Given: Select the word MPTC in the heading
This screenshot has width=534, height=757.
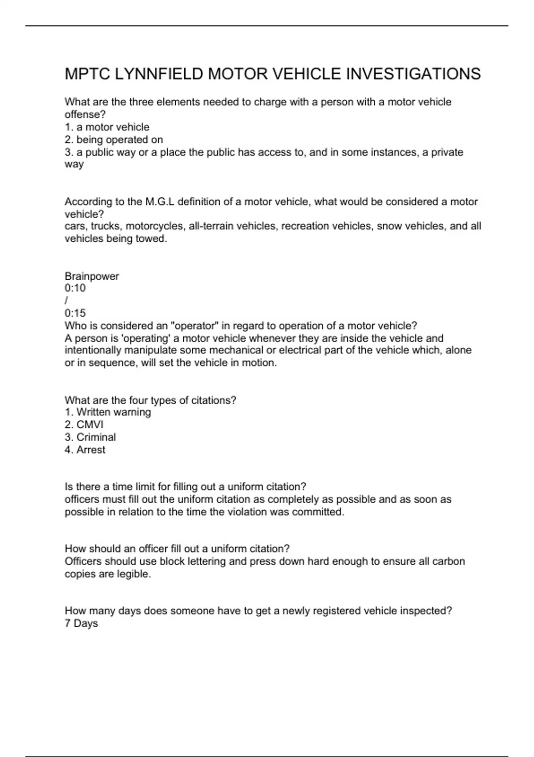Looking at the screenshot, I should tap(87, 74).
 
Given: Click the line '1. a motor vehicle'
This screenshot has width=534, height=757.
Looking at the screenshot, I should tap(107, 127).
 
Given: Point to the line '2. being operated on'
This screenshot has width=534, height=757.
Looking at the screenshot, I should tap(114, 140).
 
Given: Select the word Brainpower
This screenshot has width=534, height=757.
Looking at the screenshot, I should tap(92, 276).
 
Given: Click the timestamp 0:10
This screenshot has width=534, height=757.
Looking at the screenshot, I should tap(75, 288).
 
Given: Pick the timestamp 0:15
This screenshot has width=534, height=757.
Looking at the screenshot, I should tap(75, 313).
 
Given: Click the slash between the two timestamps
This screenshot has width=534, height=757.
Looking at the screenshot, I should tap(66, 301).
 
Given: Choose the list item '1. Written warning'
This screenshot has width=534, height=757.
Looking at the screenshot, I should tap(108, 412).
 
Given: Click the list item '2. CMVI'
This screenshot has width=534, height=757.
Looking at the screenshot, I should tap(84, 425).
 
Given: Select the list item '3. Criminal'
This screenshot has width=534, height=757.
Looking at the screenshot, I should tap(90, 437).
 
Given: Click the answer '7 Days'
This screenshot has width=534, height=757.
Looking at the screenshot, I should tap(81, 623).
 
